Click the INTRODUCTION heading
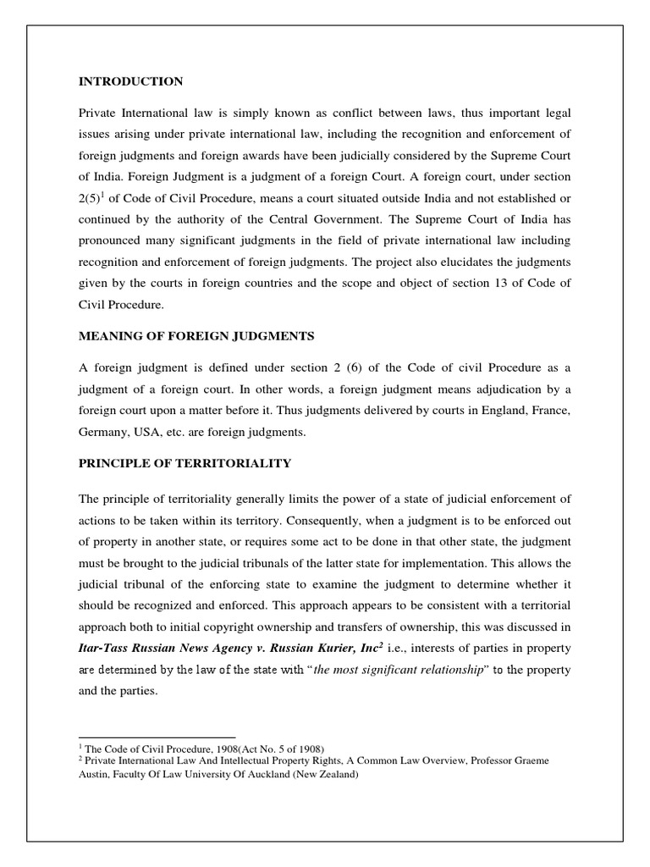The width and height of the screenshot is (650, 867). [130, 81]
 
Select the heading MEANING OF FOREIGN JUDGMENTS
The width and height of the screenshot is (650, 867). [196, 336]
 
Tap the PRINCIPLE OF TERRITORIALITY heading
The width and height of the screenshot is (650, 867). [185, 463]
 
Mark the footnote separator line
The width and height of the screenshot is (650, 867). [157, 737]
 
